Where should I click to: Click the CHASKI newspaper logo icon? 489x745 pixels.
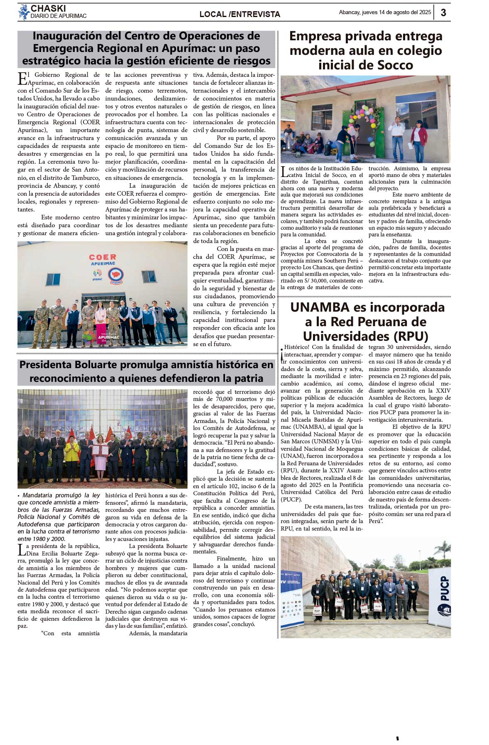click(x=24, y=12)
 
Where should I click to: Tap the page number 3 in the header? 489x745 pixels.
click(x=443, y=12)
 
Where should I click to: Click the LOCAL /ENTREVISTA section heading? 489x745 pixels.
click(x=240, y=14)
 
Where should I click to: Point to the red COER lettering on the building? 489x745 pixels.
click(x=103, y=257)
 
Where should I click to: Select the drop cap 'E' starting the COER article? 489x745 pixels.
click(x=22, y=79)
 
